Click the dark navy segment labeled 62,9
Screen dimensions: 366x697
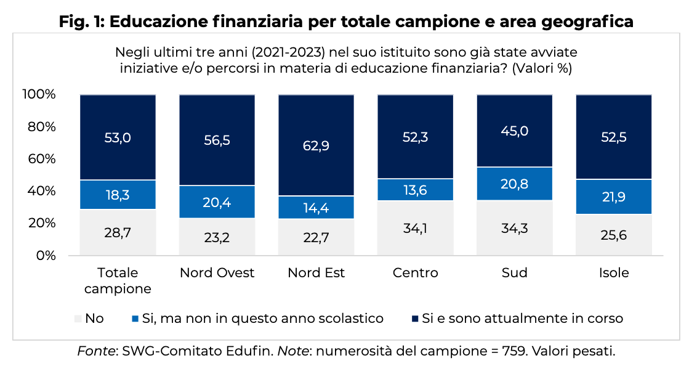[x=316, y=145]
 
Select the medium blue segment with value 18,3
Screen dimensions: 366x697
[x=118, y=194]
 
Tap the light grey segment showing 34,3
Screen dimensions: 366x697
[x=514, y=227]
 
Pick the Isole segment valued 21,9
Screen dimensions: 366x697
[x=613, y=197]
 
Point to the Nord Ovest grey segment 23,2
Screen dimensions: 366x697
[x=217, y=236]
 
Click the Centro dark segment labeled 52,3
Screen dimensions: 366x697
[x=416, y=137]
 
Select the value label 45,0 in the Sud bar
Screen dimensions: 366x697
[x=514, y=131]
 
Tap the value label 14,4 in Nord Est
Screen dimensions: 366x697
[x=316, y=208]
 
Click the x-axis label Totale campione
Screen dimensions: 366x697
[x=118, y=280]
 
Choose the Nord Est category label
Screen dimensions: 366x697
[x=316, y=272]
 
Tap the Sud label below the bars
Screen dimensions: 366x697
[x=514, y=272]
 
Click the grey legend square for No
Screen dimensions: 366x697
[x=78, y=319]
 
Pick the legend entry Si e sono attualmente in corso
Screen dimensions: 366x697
[x=523, y=319]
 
